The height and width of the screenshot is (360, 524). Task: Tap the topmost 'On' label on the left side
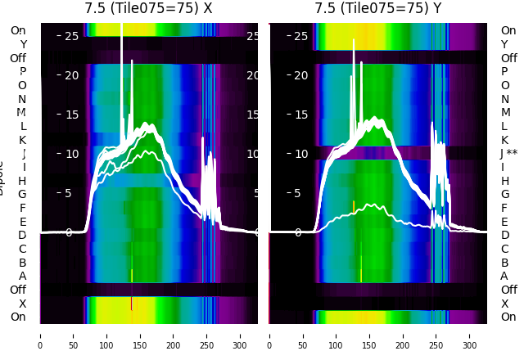pos(18,30)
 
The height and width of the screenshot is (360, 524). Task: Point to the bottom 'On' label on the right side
pos(508,317)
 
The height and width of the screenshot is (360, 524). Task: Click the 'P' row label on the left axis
pos(22,71)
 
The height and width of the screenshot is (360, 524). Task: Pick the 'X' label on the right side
pos(504,304)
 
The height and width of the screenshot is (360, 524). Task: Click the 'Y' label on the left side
pos(22,44)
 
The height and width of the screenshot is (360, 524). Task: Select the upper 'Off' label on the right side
pos(508,58)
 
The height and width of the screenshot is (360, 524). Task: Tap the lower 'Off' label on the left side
pos(18,290)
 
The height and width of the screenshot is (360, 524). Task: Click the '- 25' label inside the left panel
pos(69,36)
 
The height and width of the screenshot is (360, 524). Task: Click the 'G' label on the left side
pos(22,194)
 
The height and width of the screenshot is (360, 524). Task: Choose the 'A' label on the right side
pos(504,276)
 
